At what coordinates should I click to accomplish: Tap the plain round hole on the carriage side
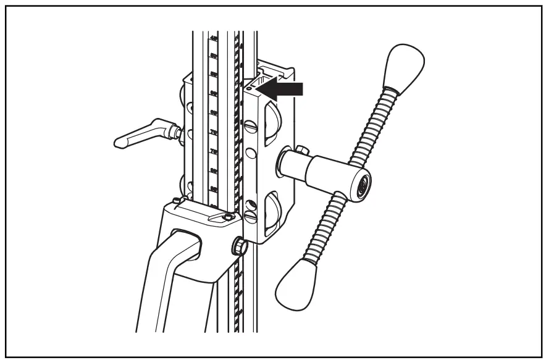click(x=250, y=153)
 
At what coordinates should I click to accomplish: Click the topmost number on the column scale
click(x=213, y=38)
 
